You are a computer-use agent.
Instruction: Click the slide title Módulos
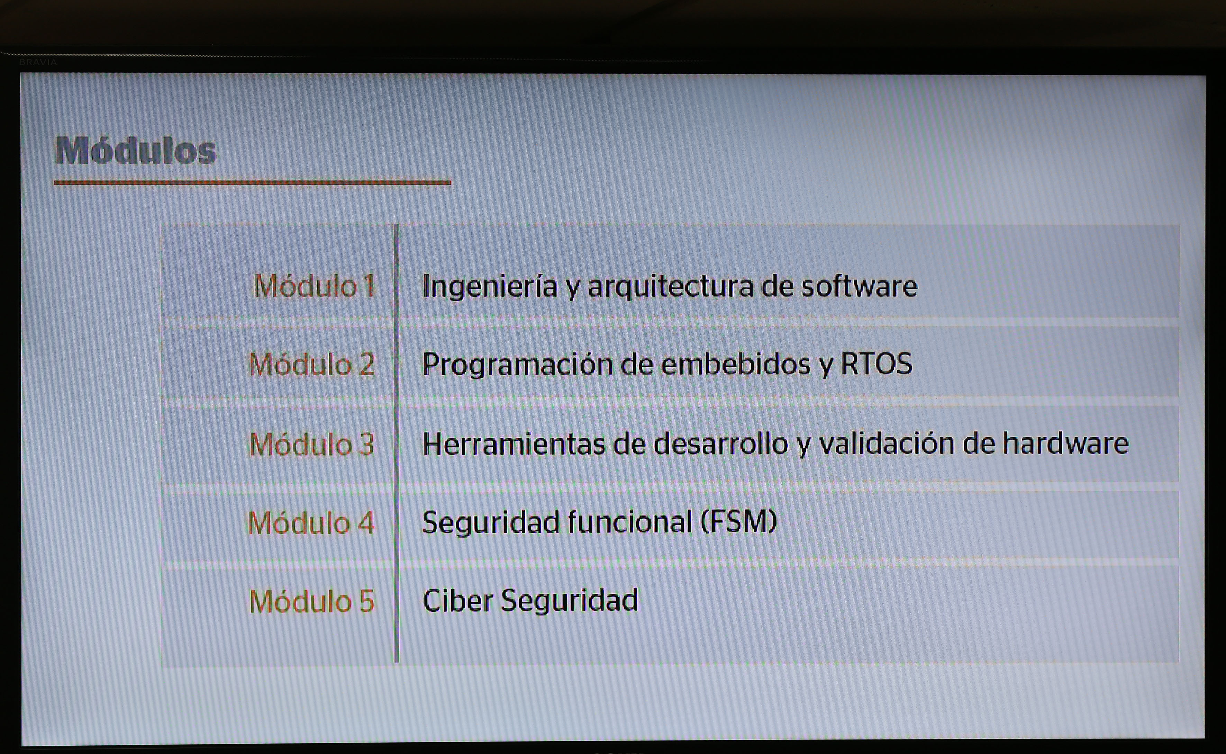click(x=136, y=150)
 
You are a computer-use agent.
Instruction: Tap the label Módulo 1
click(x=314, y=286)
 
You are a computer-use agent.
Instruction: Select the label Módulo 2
click(x=311, y=364)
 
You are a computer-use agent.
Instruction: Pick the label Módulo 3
click(x=311, y=444)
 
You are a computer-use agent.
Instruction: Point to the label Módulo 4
click(x=310, y=523)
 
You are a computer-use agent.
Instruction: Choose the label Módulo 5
click(x=311, y=601)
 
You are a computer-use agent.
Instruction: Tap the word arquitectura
click(x=671, y=286)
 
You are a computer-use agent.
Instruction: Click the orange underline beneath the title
click(x=252, y=182)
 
